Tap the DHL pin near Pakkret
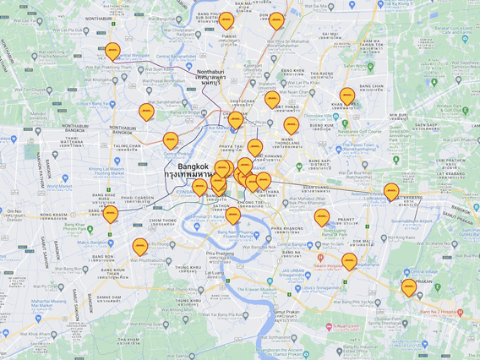pyautogui.click(x=226, y=20)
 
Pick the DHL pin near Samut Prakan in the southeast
pyautogui.click(x=409, y=287)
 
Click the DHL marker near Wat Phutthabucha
pyautogui.click(x=140, y=247)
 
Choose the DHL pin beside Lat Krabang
pyautogui.click(x=391, y=192)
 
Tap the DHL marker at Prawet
pyautogui.click(x=322, y=218)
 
